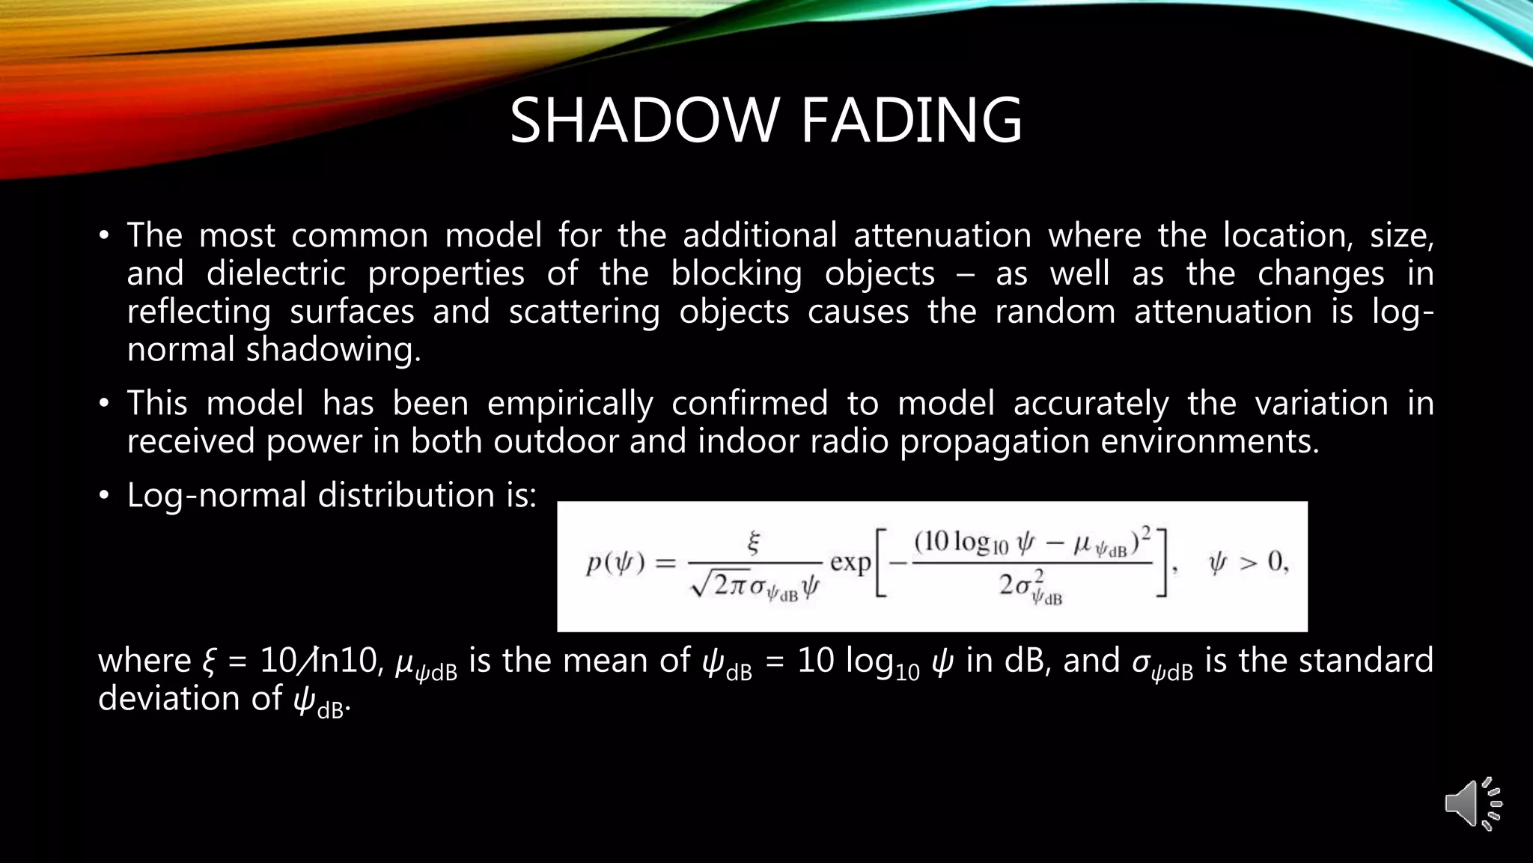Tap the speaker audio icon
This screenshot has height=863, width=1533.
(x=1472, y=804)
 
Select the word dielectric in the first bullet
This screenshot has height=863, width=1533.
(x=276, y=273)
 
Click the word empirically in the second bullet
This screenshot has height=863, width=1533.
(x=570, y=404)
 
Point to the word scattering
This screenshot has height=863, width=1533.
(x=584, y=312)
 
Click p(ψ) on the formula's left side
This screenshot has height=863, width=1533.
(x=615, y=563)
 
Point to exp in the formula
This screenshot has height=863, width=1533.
(x=850, y=562)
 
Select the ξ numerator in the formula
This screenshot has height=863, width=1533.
(x=754, y=543)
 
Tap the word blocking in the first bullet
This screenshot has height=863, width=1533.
(x=736, y=273)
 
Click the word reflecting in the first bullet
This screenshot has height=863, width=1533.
(x=198, y=312)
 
